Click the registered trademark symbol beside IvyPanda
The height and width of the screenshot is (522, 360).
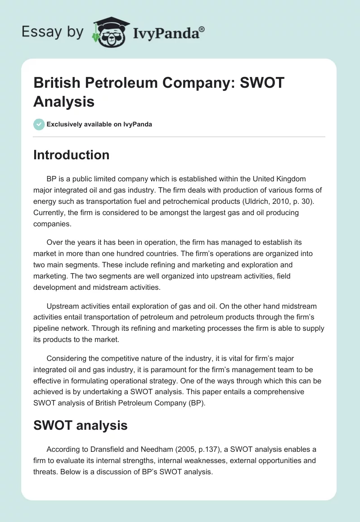[x=202, y=29]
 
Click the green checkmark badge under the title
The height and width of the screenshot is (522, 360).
[x=39, y=124]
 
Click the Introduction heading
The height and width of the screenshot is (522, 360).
[x=71, y=155]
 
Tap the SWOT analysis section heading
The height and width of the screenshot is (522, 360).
[x=81, y=425]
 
